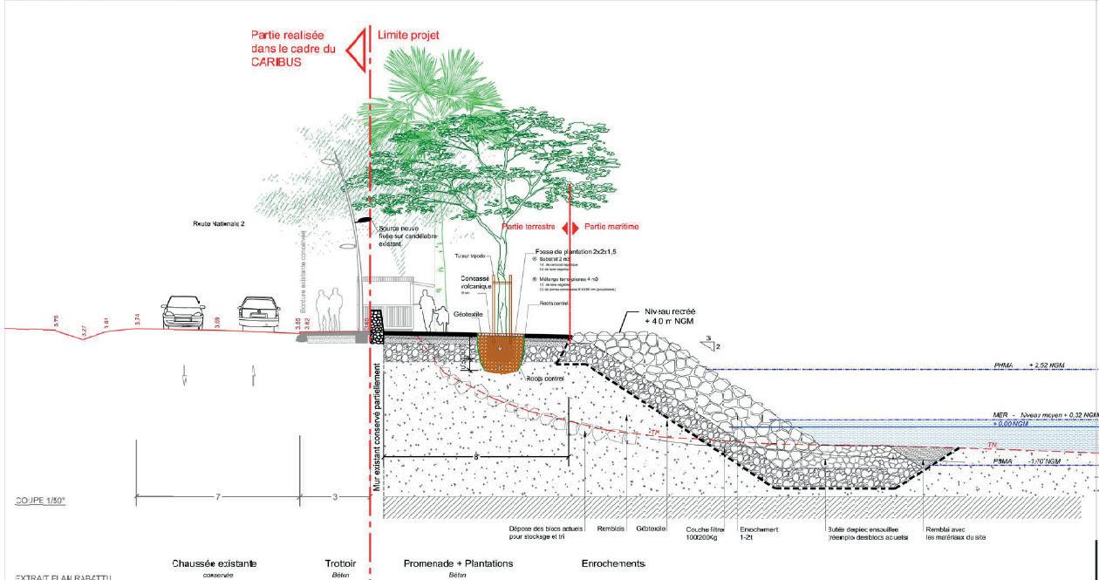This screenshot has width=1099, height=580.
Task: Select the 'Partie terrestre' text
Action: coord(529,227)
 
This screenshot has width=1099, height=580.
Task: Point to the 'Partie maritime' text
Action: coord(610,227)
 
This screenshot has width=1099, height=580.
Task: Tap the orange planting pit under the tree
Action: coord(500,354)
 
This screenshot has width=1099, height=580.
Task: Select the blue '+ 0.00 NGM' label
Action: coord(1011,423)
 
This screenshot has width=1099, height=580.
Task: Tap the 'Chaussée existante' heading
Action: coord(215,563)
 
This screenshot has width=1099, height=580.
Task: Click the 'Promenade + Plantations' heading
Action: coord(458,563)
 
